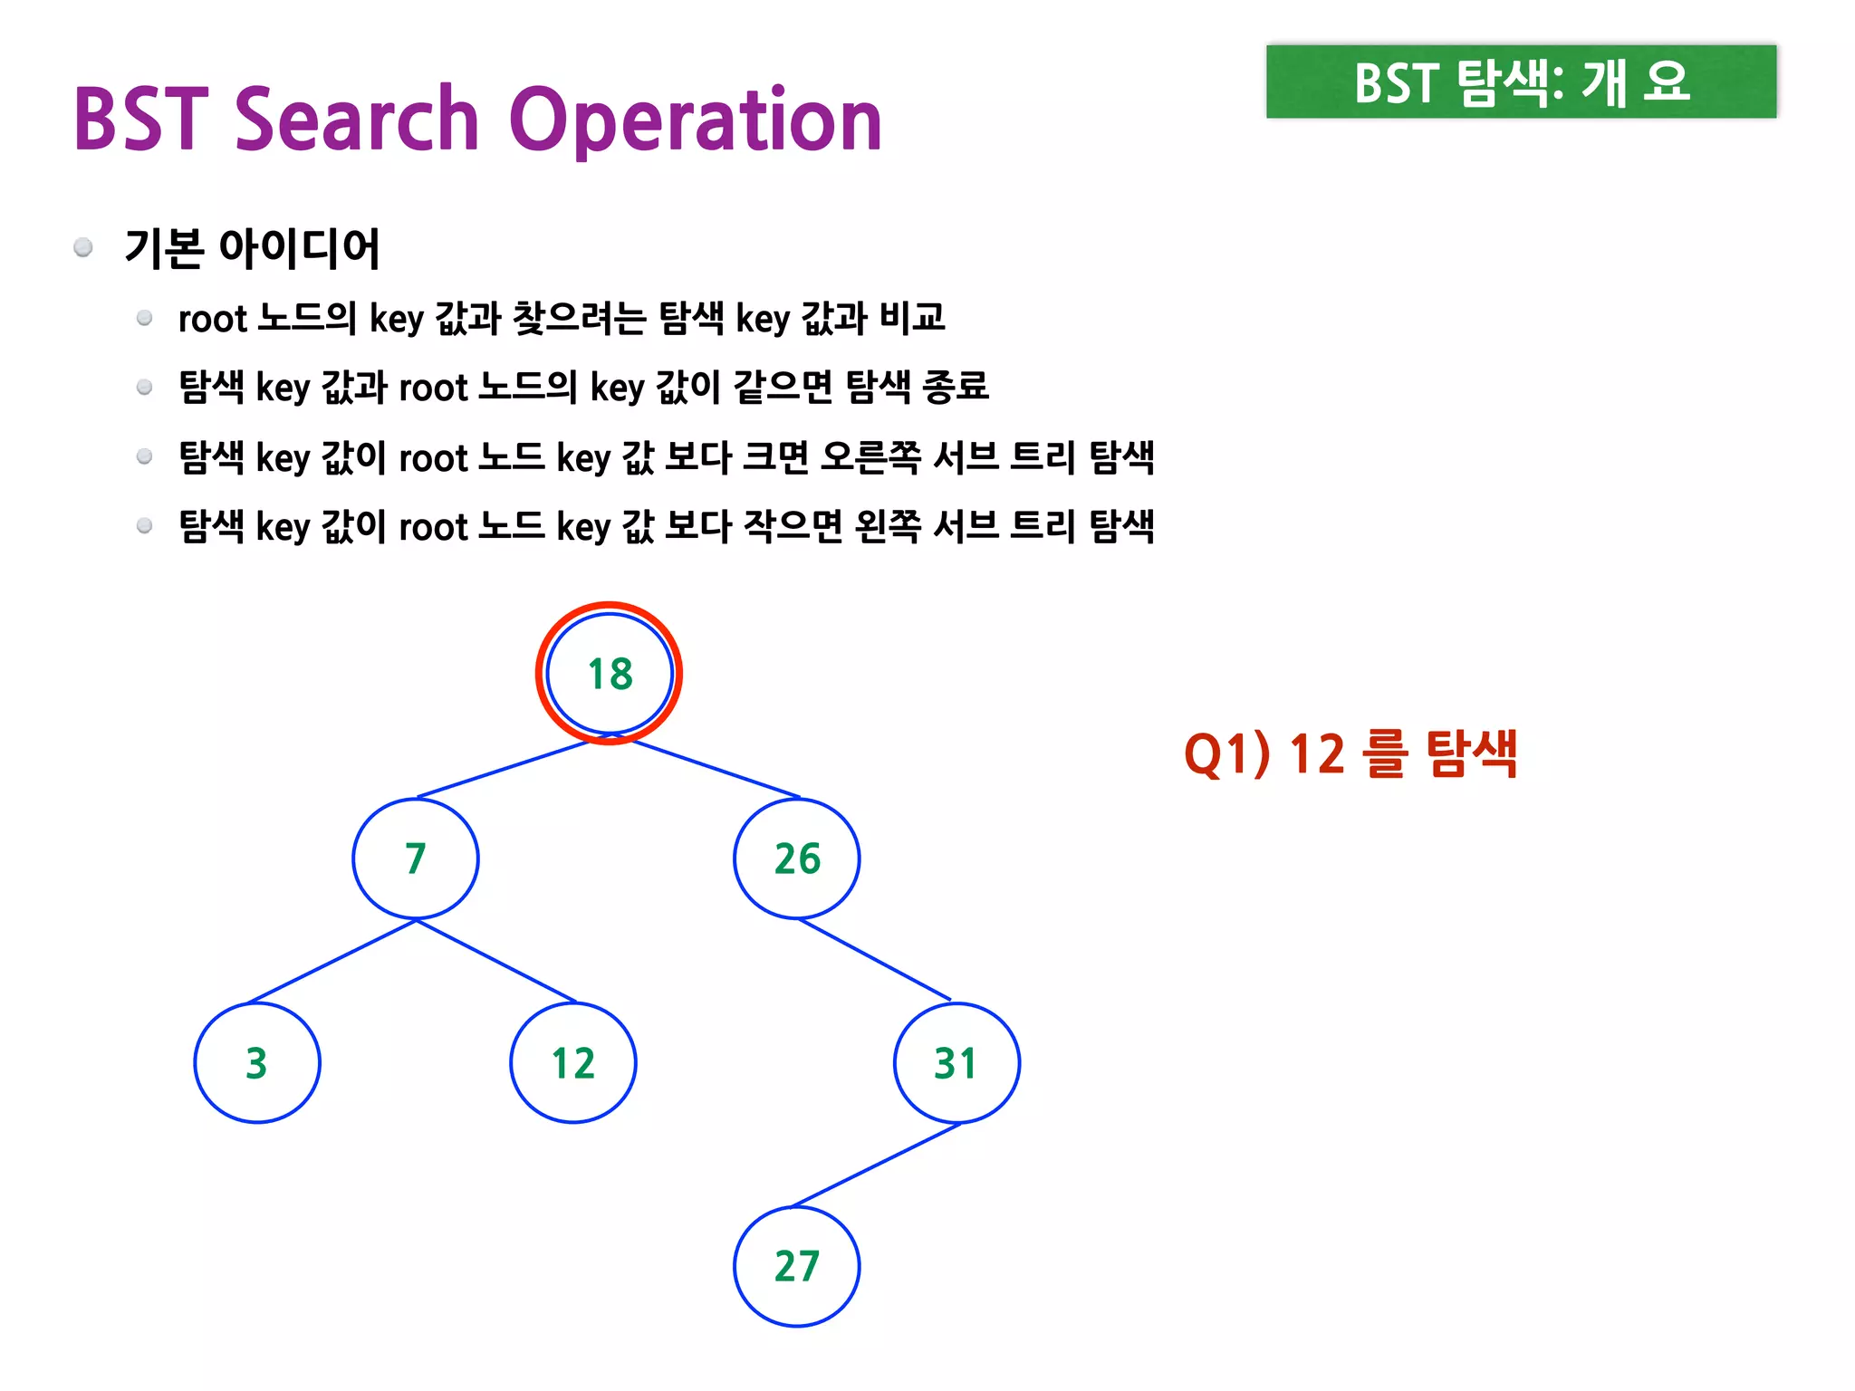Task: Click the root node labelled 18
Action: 610,674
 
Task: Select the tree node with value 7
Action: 416,859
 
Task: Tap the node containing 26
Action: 797,859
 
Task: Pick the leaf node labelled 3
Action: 257,1063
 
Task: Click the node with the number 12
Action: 573,1063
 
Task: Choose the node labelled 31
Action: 956,1063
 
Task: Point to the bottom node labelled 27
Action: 797,1266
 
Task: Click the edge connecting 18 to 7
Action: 504,770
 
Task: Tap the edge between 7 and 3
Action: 332,961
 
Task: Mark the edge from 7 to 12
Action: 496,961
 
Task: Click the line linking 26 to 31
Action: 875,959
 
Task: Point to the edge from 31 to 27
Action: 877,1165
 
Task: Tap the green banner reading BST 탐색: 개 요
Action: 1521,82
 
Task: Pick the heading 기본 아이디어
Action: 252,248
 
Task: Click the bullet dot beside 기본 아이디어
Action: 83,247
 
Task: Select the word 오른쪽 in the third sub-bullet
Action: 870,457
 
